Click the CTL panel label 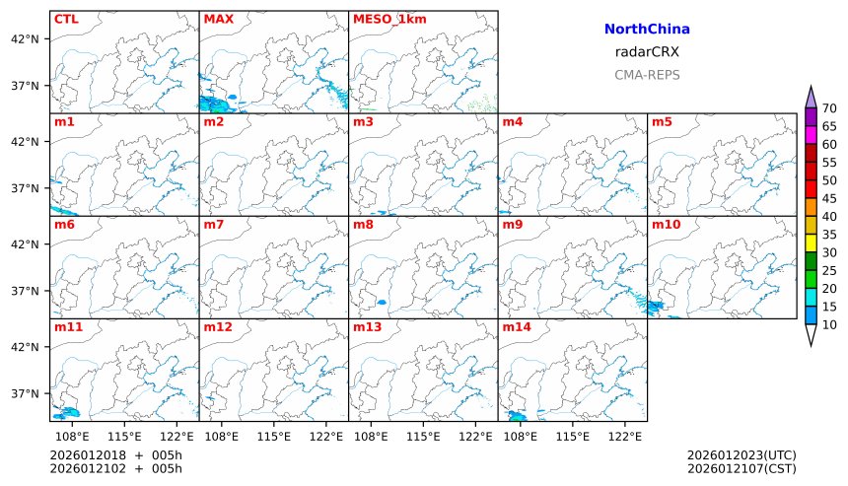[x=66, y=19]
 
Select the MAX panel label [x=218, y=19]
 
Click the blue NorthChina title [x=647, y=30]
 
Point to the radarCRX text [x=647, y=52]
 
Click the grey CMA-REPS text [x=647, y=75]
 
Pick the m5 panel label [x=663, y=122]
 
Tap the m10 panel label [x=667, y=225]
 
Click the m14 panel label [x=517, y=326]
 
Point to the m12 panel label [x=218, y=326]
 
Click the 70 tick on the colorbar [x=829, y=108]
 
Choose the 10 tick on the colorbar [x=829, y=324]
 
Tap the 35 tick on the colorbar [x=829, y=235]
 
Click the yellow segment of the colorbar [x=811, y=243]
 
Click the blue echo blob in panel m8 [x=382, y=302]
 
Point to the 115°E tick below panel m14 [x=573, y=435]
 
